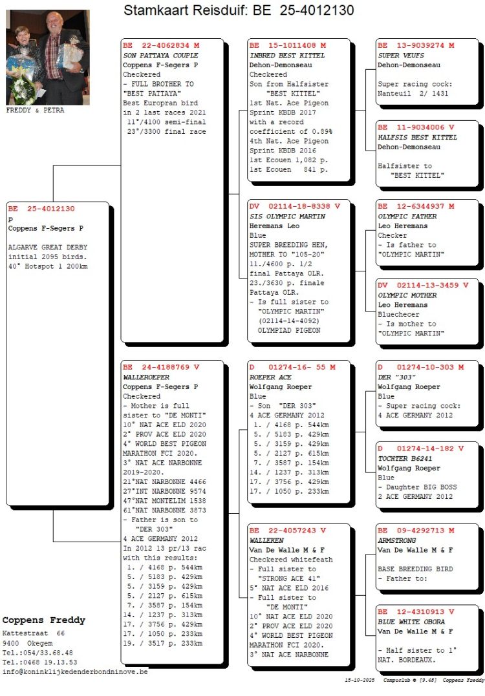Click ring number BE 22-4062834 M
(161, 46)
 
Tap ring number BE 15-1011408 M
(288, 46)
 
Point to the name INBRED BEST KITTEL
(280, 56)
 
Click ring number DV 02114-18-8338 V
(294, 207)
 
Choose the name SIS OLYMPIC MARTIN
(278, 216)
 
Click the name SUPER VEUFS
(398, 56)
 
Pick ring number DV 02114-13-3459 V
(423, 285)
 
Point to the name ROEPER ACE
(270, 377)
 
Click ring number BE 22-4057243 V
(288, 531)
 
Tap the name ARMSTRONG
(396, 540)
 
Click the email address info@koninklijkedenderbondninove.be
(75, 671)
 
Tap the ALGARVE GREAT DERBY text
(47, 247)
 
